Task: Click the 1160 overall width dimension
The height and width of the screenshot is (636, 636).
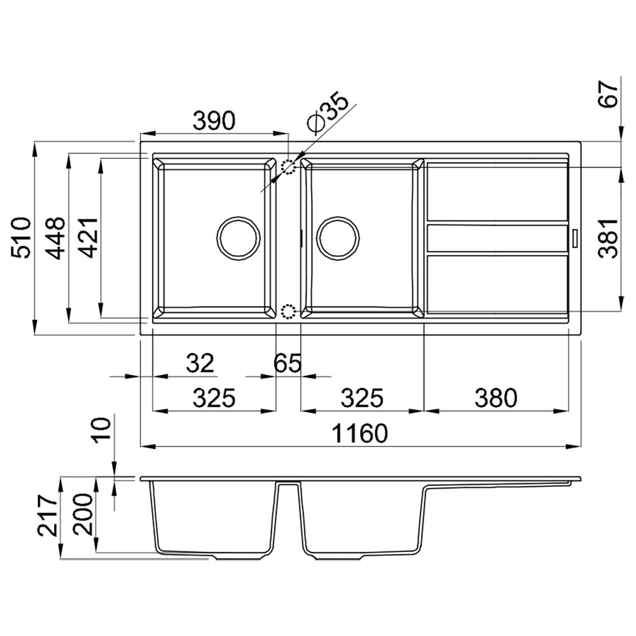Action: point(360,433)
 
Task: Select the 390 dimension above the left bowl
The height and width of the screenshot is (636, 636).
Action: point(214,120)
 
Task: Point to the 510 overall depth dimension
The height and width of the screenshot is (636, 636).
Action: point(21,238)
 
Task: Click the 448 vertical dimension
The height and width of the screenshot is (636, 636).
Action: point(55,238)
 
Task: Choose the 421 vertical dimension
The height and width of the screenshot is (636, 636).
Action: point(88,238)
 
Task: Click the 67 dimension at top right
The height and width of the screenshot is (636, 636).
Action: point(608,94)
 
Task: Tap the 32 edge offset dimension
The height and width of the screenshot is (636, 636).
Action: point(200,363)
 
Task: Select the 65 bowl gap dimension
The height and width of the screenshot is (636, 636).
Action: point(287,363)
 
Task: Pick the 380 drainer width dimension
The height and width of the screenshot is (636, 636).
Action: point(495,398)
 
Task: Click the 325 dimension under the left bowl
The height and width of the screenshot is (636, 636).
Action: point(214,398)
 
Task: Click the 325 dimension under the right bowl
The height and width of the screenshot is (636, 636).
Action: point(362,398)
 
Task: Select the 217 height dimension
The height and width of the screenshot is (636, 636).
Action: point(48,516)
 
